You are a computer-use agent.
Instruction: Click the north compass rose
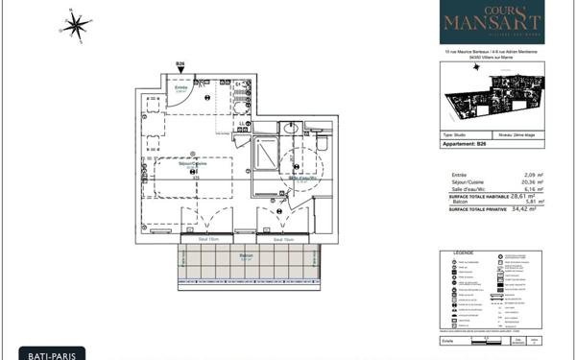(76, 25)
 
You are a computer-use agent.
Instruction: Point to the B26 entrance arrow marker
(180, 69)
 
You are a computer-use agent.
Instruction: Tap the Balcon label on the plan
(247, 255)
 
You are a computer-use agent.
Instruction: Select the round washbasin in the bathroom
(288, 128)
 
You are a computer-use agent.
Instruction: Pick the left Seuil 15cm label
(208, 239)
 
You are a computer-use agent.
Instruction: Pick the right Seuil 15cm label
(283, 239)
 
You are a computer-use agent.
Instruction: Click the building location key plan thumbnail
(492, 96)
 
